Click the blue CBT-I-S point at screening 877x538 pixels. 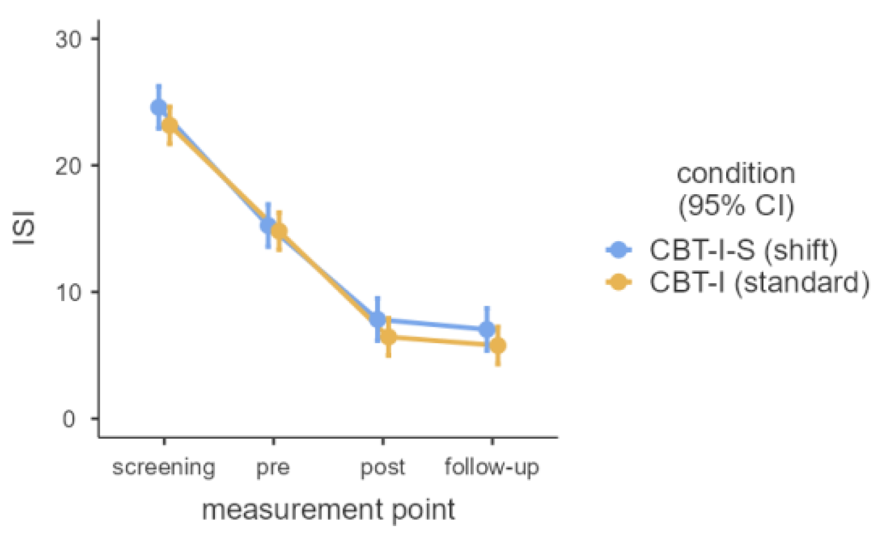tap(159, 107)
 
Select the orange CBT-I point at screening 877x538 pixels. tap(170, 125)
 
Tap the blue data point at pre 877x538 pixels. tap(268, 225)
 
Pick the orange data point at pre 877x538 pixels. tap(279, 231)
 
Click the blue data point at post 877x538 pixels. tap(377, 319)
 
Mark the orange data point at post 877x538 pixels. tap(388, 337)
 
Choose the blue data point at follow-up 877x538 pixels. tap(487, 329)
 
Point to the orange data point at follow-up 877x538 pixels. tap(498, 346)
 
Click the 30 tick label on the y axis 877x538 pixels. tap(68, 40)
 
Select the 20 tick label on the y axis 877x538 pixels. tap(68, 166)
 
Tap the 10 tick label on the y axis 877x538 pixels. tap(68, 293)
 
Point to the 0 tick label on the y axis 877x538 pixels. tap(69, 419)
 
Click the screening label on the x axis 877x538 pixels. tap(164, 468)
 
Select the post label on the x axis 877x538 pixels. tap(383, 468)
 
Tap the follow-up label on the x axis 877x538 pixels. tap(492, 467)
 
